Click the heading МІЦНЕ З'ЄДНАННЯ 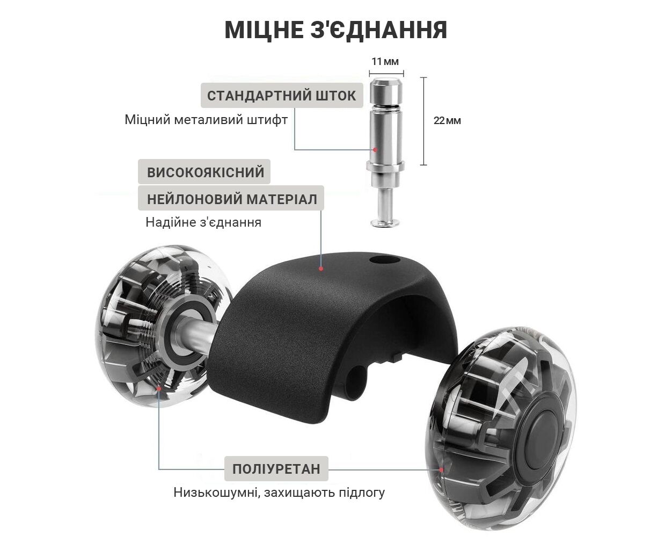click(x=336, y=30)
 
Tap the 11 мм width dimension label click(x=385, y=61)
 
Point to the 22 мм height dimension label click(x=447, y=120)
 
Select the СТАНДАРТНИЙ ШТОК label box click(x=282, y=95)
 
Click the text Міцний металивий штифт click(x=206, y=120)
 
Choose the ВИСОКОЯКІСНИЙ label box click(x=204, y=171)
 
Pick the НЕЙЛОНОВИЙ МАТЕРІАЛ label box click(x=231, y=198)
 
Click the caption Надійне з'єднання click(x=203, y=222)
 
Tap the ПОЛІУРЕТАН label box click(x=276, y=469)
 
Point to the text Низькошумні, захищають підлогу click(x=279, y=493)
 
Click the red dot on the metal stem click(x=375, y=149)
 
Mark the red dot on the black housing click(x=321, y=269)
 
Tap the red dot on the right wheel click(x=441, y=469)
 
